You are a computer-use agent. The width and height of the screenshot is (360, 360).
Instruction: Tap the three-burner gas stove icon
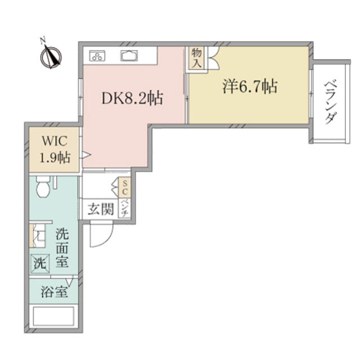tap(97, 56)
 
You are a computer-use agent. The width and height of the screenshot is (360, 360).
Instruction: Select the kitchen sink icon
tap(129, 56)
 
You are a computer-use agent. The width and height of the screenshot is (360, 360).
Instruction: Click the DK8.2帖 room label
tap(133, 98)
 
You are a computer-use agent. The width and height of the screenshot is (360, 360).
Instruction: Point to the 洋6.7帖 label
tap(250, 87)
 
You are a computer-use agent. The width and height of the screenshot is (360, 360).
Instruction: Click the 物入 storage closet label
tap(196, 58)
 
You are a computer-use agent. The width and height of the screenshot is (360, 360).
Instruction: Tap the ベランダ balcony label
tap(330, 102)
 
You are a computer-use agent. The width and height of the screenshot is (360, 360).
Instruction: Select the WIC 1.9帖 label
tap(55, 149)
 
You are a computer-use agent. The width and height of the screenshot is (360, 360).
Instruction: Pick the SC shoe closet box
tap(125, 187)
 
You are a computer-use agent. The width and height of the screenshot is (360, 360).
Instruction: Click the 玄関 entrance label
tap(101, 209)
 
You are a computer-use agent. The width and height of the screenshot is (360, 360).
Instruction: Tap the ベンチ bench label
tap(125, 209)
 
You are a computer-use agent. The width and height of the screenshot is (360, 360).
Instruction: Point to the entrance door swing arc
tap(106, 240)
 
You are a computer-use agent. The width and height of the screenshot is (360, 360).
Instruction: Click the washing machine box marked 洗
tap(40, 264)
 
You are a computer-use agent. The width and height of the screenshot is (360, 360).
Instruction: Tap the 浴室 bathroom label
tap(55, 292)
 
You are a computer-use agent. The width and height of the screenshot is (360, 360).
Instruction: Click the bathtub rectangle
tap(53, 316)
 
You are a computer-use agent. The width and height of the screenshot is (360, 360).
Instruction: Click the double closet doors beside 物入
tap(214, 58)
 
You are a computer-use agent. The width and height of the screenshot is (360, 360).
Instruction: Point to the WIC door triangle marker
tap(86, 155)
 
